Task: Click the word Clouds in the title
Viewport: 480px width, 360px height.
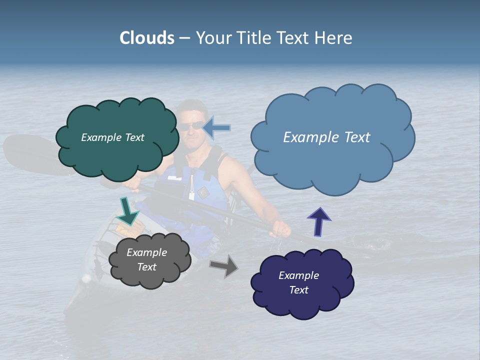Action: [147, 38]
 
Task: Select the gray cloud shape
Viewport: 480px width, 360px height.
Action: [150, 277]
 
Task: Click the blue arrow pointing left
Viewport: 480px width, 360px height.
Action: [217, 128]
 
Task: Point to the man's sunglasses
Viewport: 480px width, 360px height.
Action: [191, 126]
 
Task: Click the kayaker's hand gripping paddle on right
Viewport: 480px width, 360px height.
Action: [281, 229]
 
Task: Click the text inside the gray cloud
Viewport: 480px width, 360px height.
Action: [146, 259]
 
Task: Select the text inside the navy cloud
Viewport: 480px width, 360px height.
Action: [298, 282]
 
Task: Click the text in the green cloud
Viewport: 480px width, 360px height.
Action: [112, 137]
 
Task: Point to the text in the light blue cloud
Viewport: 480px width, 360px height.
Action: [326, 137]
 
